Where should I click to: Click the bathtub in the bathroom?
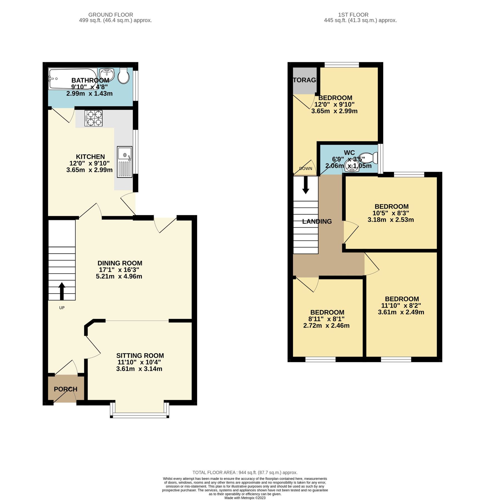tap(73, 79)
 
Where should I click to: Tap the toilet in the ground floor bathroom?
tap(123, 76)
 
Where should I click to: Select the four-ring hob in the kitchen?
tap(93, 118)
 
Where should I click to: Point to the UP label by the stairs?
tap(62, 308)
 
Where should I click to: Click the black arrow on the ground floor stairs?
tap(62, 291)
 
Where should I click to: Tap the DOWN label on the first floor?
tap(305, 169)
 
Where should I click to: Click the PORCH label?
tap(66, 389)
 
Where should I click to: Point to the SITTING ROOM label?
tap(140, 356)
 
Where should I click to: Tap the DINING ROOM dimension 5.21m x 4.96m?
tap(119, 276)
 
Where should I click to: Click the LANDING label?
tap(317, 221)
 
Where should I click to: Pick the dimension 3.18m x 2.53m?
tap(391, 220)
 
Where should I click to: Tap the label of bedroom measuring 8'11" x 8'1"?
tap(327, 312)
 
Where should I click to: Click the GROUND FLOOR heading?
tap(111, 14)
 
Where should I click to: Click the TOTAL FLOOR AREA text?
tap(245, 472)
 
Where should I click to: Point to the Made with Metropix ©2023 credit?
tap(245, 498)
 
